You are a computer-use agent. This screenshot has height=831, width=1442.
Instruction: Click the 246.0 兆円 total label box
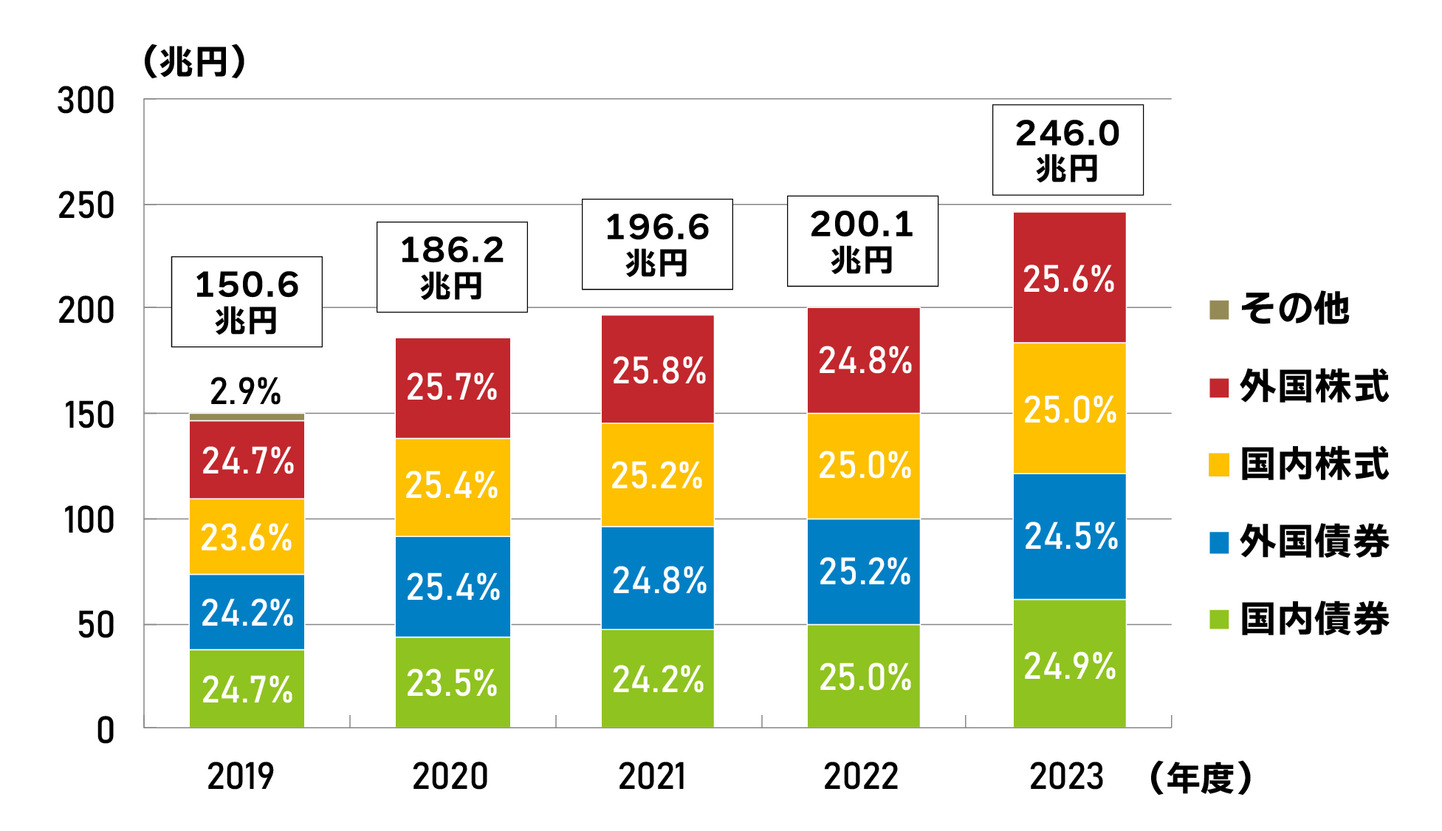click(1067, 150)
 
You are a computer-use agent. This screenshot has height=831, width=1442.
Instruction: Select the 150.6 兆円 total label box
click(247, 301)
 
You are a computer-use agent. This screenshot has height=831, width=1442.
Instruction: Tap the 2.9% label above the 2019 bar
click(245, 391)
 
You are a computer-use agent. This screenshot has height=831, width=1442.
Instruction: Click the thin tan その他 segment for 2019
click(247, 417)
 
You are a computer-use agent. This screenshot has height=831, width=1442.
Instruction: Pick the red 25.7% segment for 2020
click(452, 388)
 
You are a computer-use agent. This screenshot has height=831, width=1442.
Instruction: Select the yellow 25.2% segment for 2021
click(657, 475)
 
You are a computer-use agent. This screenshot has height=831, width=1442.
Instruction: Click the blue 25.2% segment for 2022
click(863, 572)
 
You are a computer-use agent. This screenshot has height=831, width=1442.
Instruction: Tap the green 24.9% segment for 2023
click(1069, 665)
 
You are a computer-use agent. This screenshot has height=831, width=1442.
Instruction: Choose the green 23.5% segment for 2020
click(452, 683)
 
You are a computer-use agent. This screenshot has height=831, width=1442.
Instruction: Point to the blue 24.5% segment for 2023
click(1069, 536)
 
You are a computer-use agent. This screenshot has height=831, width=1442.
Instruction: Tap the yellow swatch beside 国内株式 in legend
click(1219, 465)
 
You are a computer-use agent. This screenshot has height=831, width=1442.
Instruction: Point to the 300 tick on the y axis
click(86, 100)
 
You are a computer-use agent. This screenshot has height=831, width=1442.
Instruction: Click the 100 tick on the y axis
click(89, 521)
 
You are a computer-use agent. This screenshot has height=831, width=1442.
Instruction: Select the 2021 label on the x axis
click(652, 776)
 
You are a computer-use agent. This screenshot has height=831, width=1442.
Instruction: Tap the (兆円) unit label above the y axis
click(193, 61)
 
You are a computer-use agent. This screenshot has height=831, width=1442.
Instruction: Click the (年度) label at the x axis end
click(1201, 778)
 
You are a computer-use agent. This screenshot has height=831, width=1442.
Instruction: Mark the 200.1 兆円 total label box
click(862, 241)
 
